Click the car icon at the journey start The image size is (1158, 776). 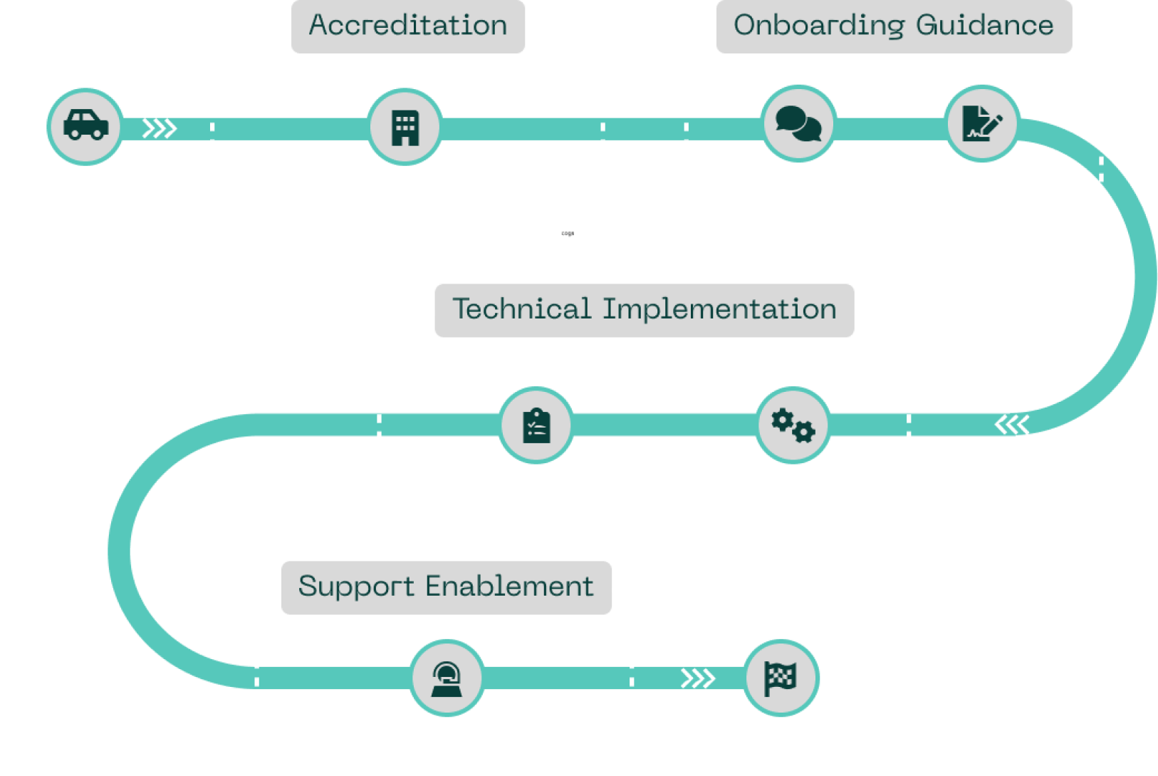85,126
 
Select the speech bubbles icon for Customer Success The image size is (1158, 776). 798,124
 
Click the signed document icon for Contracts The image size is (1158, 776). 982,123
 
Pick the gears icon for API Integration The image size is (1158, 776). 793,425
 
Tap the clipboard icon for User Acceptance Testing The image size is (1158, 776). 536,425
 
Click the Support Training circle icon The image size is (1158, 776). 447,678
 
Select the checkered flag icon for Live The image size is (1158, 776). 781,678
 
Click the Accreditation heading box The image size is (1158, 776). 408,26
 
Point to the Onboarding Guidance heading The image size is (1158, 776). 894,26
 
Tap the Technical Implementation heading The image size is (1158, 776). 644,310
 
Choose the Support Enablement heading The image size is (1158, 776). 446,587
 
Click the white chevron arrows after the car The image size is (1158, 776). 159,128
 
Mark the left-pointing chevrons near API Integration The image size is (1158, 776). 1012,425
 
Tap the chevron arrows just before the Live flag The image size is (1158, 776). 698,678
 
